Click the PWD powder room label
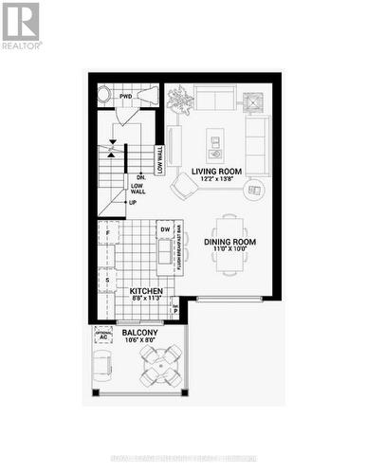pyautogui.click(x=126, y=97)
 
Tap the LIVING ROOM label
pyautogui.click(x=216, y=172)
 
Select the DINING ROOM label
pyautogui.click(x=230, y=242)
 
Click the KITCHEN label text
pyautogui.click(x=147, y=291)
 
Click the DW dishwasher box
pyautogui.click(x=165, y=229)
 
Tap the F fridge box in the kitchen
pyautogui.click(x=108, y=232)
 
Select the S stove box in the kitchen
pyautogui.click(x=108, y=281)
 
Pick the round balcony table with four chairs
pyautogui.click(x=159, y=363)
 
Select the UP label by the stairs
pyautogui.click(x=133, y=202)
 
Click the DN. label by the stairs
pyautogui.click(x=140, y=177)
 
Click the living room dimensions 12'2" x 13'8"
pyautogui.click(x=216, y=180)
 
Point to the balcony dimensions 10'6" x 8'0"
pyautogui.click(x=139, y=343)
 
